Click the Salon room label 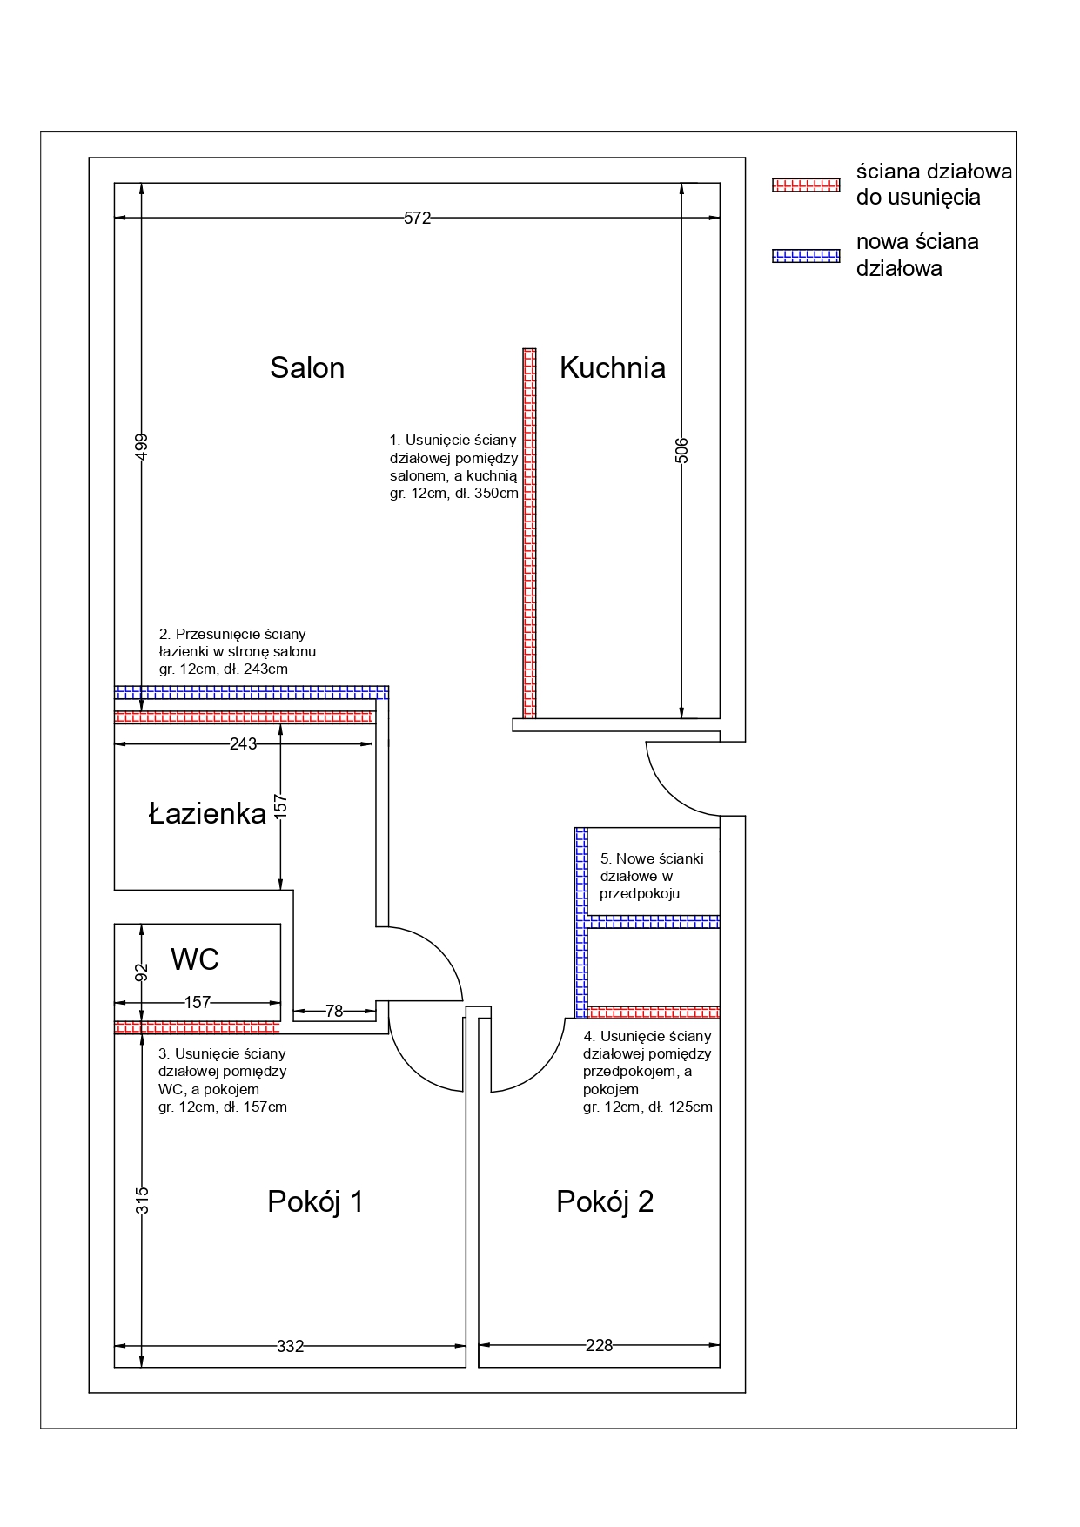[x=307, y=368]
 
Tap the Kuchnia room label [x=613, y=368]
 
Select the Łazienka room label [x=207, y=814]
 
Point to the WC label [x=195, y=959]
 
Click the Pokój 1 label [x=315, y=1202]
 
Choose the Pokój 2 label [x=605, y=1202]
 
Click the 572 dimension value [x=417, y=219]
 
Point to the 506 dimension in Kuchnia [x=681, y=450]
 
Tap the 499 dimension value [x=142, y=447]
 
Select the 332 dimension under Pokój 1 [x=291, y=1347]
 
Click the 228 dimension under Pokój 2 [x=599, y=1346]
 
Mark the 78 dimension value [x=334, y=1012]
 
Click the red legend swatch [x=806, y=185]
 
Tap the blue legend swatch [x=806, y=256]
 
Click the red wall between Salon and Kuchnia [x=529, y=533]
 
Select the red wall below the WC [x=198, y=1028]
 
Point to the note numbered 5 [x=651, y=876]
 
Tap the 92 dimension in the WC [x=142, y=972]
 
